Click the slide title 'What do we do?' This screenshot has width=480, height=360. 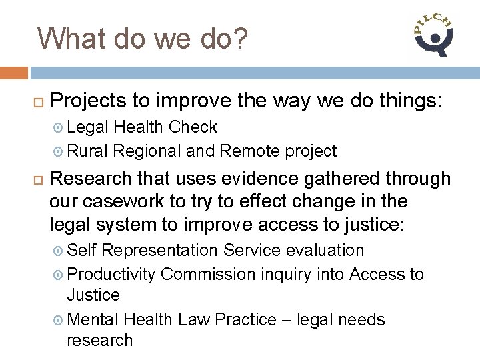tap(142, 39)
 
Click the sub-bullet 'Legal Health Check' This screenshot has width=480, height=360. tap(142, 127)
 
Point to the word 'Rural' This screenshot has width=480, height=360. tap(88, 151)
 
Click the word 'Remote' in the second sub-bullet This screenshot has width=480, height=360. tap(245, 151)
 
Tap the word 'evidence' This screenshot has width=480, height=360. tap(249, 179)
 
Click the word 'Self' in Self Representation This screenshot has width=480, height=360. tap(82, 250)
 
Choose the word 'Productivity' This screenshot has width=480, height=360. tap(111, 274)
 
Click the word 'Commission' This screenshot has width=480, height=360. tap(208, 274)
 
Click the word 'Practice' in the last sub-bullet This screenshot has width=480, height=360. tap(247, 320)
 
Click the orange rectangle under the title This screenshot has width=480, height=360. tap(14, 72)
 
